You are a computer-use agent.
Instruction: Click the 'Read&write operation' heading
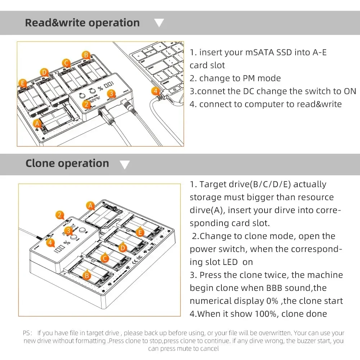click(x=82, y=23)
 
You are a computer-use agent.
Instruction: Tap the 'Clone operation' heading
click(x=67, y=163)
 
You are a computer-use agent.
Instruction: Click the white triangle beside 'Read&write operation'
click(x=159, y=23)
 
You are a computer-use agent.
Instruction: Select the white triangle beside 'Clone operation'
click(x=125, y=165)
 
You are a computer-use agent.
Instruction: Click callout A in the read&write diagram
click(x=36, y=123)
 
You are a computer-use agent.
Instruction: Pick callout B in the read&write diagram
click(x=86, y=55)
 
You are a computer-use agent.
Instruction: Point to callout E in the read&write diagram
click(x=22, y=84)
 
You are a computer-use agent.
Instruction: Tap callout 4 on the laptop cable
click(x=156, y=91)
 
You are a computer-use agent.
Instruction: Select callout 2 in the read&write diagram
click(x=86, y=104)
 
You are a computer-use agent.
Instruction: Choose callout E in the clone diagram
click(x=140, y=232)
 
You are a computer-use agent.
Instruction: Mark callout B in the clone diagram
click(x=86, y=275)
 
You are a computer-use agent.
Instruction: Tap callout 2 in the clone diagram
click(x=60, y=215)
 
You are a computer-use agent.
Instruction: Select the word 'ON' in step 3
click(x=350, y=91)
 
